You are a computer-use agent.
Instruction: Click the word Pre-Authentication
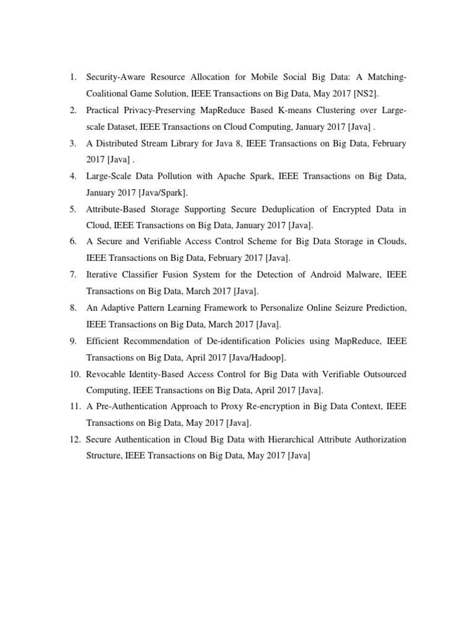pyautogui.click(x=136, y=407)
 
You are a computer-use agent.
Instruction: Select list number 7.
pyautogui.click(x=72, y=274)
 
